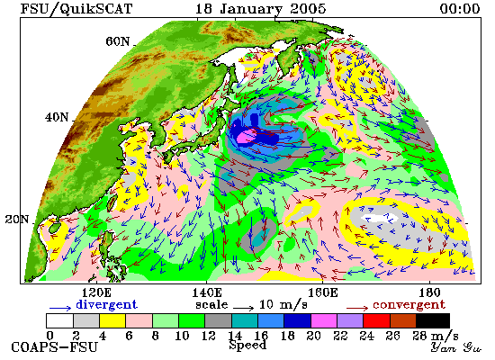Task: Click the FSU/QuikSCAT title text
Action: [x=76, y=8]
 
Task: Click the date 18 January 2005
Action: [x=261, y=8]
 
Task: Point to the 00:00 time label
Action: [x=460, y=8]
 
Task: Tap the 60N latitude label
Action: [x=118, y=41]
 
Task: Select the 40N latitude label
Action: [x=57, y=118]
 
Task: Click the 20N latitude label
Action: [x=17, y=220]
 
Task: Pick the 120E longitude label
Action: [x=96, y=292]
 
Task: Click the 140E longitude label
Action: [x=207, y=292]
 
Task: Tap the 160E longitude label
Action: [x=322, y=292]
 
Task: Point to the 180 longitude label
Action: [x=430, y=292]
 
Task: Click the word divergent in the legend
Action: [x=107, y=305]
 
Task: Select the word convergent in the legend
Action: [x=409, y=305]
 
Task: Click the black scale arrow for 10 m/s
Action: [x=244, y=308]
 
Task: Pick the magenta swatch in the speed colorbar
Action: [x=324, y=320]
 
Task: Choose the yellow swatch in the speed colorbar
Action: [x=112, y=320]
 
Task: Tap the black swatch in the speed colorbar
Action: [x=433, y=320]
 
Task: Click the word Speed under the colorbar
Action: [x=247, y=345]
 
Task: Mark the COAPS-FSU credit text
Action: [x=55, y=347]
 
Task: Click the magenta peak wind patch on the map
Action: [x=247, y=136]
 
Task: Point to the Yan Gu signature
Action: [x=456, y=347]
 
